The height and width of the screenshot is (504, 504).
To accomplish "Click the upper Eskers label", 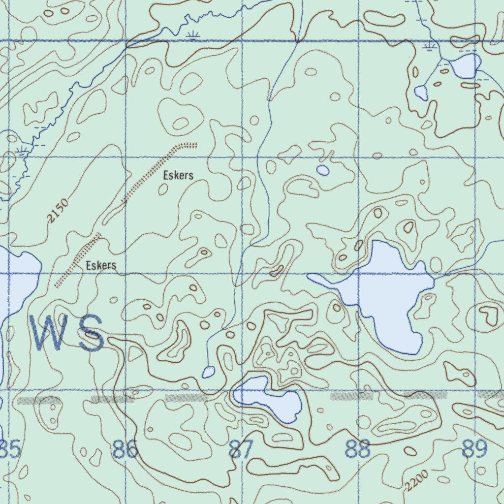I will click(x=178, y=175).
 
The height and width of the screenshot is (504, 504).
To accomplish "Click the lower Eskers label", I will click(x=101, y=266).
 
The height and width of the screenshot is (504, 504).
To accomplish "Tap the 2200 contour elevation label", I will click(x=417, y=481).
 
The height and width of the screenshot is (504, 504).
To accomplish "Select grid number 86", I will click(x=125, y=449).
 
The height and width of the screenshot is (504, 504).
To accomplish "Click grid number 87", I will click(x=241, y=449).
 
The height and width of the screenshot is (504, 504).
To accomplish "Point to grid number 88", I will click(x=357, y=449).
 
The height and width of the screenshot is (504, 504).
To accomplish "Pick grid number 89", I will click(x=474, y=449).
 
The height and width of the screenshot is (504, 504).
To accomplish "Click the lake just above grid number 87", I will click(x=270, y=398).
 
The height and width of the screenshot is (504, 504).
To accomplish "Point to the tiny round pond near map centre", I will click(x=323, y=170).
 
